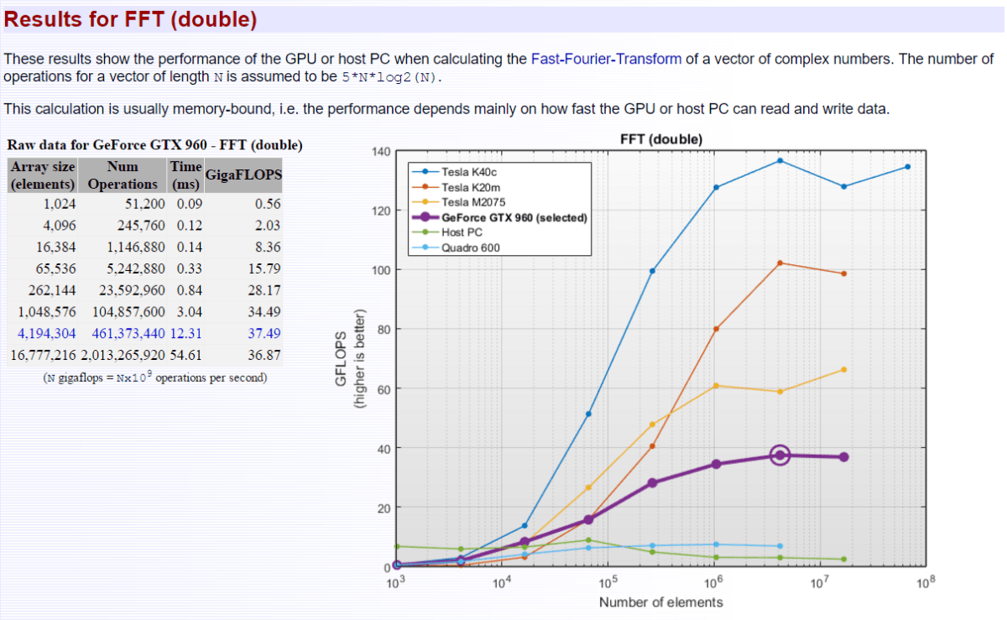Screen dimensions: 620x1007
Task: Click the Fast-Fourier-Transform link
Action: [x=606, y=60]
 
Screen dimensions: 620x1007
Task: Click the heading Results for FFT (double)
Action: [x=131, y=19]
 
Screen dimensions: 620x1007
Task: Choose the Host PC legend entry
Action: [x=462, y=232]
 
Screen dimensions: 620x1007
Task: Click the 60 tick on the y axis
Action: [x=383, y=389]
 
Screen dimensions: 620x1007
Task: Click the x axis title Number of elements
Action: [x=660, y=602]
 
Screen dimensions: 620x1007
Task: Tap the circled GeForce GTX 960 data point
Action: [x=780, y=456]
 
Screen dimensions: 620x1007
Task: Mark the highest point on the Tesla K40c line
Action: [x=780, y=160]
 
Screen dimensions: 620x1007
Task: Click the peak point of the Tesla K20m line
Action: [x=780, y=263]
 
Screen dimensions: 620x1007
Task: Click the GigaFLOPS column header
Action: [x=243, y=175]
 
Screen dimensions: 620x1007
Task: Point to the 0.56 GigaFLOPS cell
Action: [x=267, y=204]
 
